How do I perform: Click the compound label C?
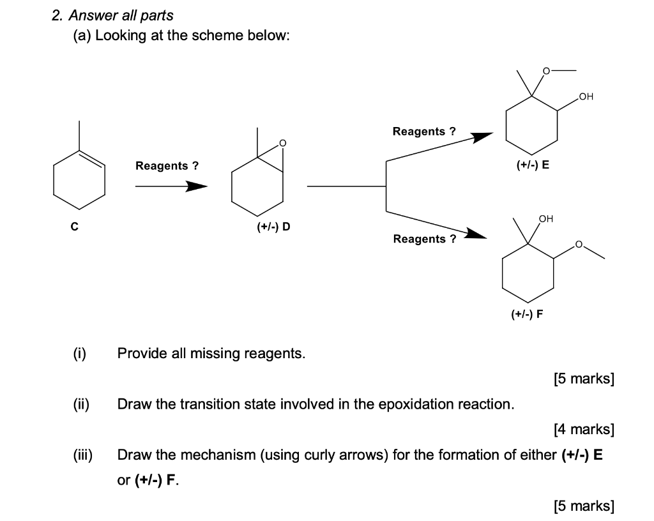(x=75, y=226)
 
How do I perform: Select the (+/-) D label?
(x=273, y=227)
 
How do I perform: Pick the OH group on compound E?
(x=586, y=97)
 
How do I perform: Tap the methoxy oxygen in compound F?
(x=579, y=245)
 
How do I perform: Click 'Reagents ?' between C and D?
(x=167, y=166)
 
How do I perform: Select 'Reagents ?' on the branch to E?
(x=424, y=132)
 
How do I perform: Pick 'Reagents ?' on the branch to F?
(x=425, y=239)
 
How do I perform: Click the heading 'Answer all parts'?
(x=121, y=15)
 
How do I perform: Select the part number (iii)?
(x=82, y=455)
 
